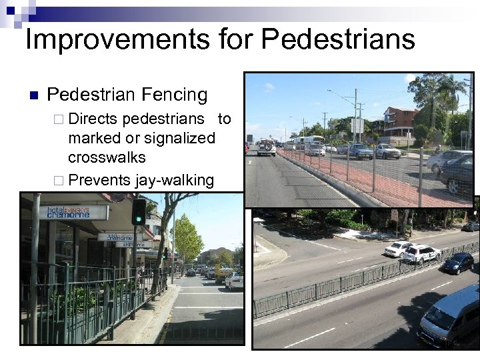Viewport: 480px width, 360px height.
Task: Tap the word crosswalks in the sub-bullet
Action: pyautogui.click(x=107, y=158)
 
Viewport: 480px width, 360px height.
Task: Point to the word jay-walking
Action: pyautogui.click(x=174, y=179)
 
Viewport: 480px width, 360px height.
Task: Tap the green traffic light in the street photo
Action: pyautogui.click(x=139, y=211)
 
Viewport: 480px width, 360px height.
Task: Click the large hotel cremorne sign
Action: pyautogui.click(x=77, y=212)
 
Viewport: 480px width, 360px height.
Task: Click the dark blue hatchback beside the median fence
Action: pyautogui.click(x=458, y=263)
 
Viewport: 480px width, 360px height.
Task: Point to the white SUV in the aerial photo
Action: pyautogui.click(x=420, y=253)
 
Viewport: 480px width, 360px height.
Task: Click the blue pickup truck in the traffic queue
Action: pyautogui.click(x=359, y=151)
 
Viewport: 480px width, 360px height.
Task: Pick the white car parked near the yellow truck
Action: pyautogui.click(x=234, y=281)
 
